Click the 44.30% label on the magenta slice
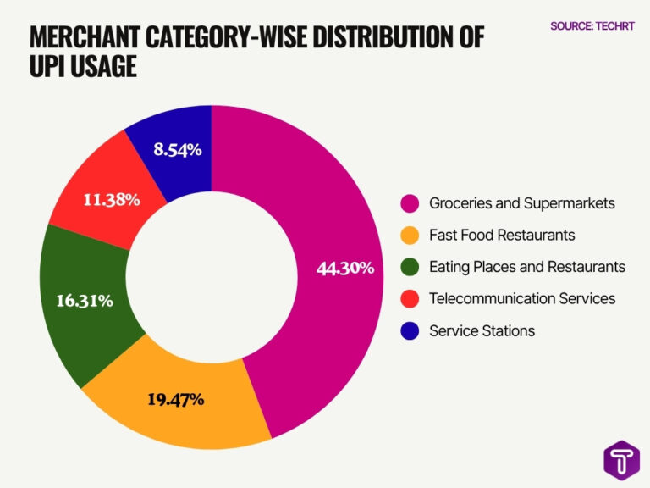[x=345, y=268]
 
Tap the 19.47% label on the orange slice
[x=176, y=400]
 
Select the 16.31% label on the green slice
[x=85, y=301]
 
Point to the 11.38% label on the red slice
[x=112, y=200]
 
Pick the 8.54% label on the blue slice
[x=178, y=149]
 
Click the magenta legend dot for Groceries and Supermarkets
[x=410, y=203]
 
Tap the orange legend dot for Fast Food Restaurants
[x=410, y=236]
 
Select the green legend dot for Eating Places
[x=410, y=267]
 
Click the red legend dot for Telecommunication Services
[x=410, y=299]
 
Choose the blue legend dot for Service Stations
[x=410, y=330]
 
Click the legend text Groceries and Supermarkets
[x=522, y=203]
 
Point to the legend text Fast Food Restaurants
[x=502, y=236]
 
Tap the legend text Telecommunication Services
[x=522, y=299]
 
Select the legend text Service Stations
[x=482, y=330]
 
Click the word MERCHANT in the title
[x=85, y=37]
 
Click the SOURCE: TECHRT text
[x=592, y=26]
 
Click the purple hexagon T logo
[x=621, y=461]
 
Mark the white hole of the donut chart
[x=212, y=277]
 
